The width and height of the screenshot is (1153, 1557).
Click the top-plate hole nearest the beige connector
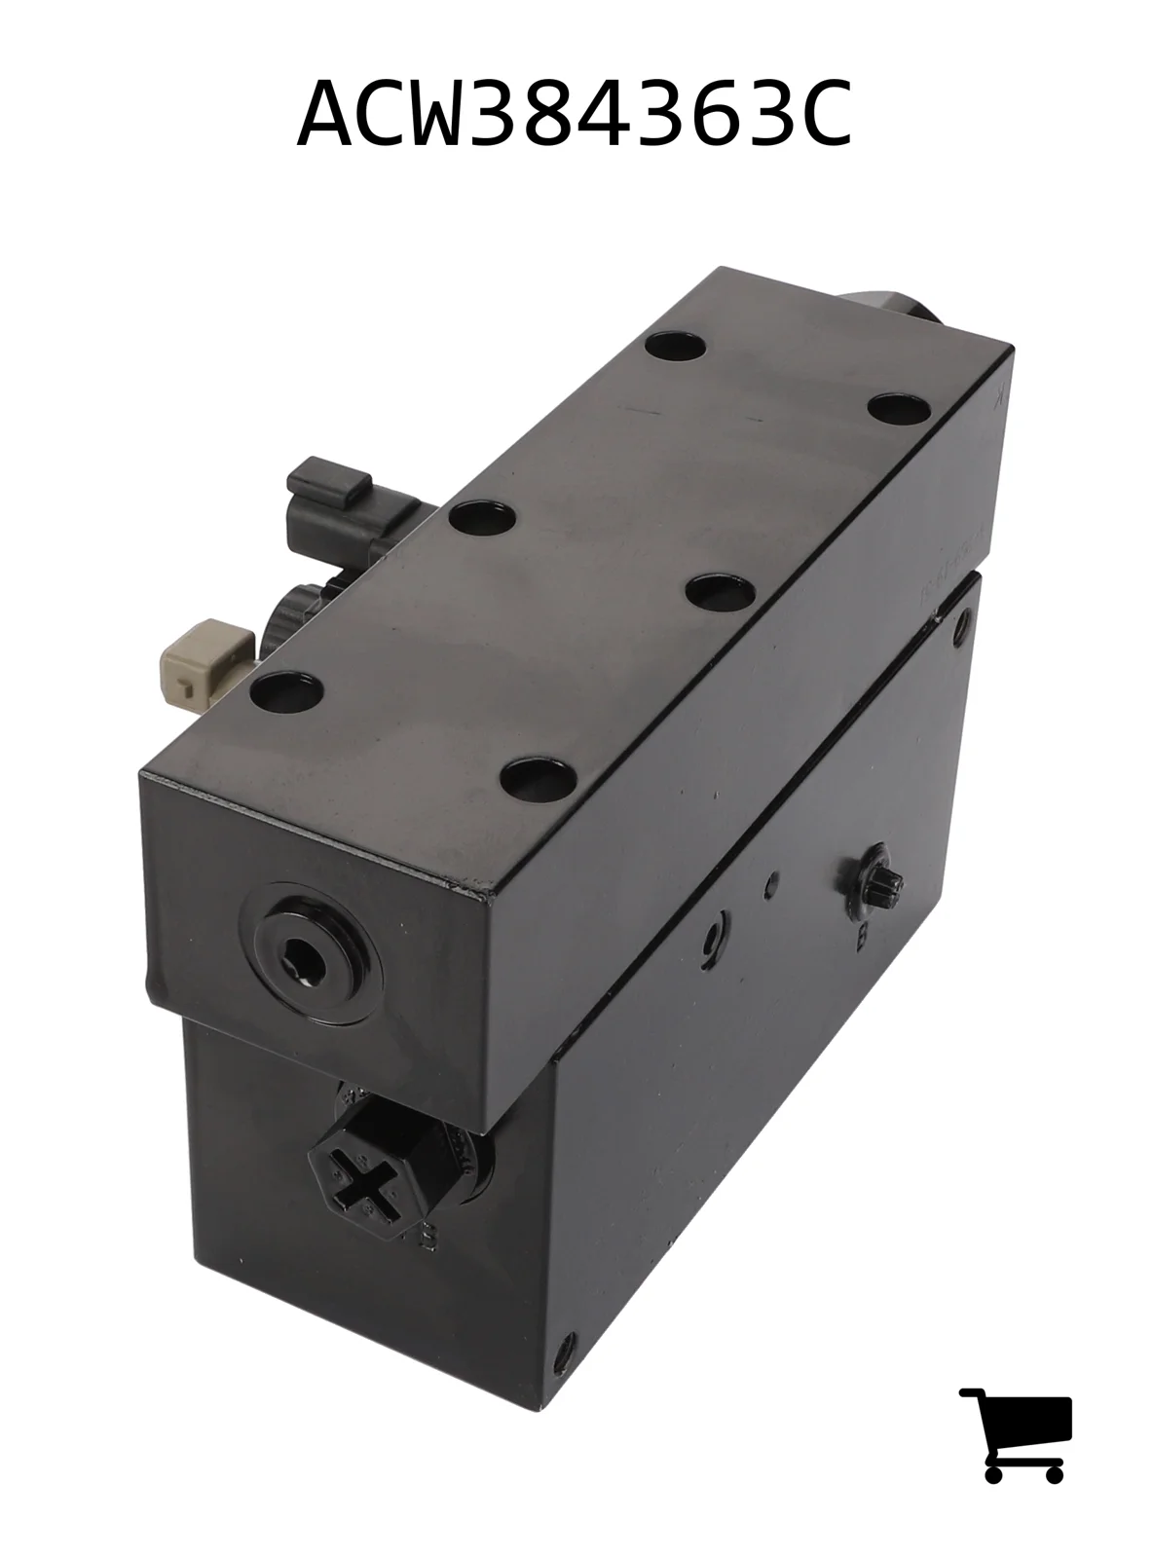coord(285,691)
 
